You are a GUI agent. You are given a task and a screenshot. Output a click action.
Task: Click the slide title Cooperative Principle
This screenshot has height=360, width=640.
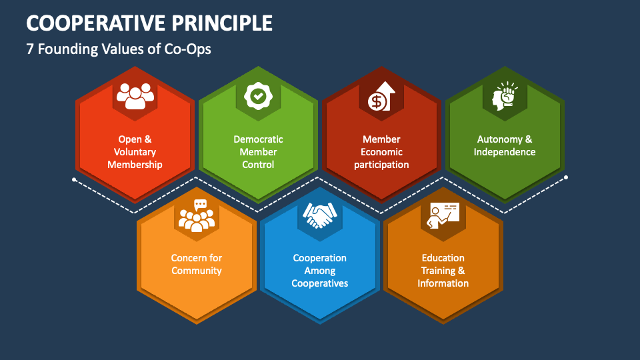[x=149, y=23]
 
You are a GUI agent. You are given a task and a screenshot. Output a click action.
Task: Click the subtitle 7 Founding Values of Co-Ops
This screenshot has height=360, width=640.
[x=119, y=49]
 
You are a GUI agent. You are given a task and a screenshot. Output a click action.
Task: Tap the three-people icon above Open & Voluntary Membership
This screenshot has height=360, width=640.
[x=135, y=96]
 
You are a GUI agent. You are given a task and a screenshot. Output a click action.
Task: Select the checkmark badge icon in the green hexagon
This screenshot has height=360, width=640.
[x=258, y=96]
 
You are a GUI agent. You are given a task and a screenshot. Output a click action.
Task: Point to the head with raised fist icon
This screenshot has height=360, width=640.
[x=505, y=96]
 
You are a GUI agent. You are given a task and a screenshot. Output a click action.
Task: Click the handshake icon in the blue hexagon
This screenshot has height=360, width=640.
[x=320, y=215]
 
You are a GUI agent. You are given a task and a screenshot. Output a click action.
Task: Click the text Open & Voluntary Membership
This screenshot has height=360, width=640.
[x=135, y=152]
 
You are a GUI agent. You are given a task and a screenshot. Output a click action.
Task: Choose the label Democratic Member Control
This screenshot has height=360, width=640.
[x=258, y=152]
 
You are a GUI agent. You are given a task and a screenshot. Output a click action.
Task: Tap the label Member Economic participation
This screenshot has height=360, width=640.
[x=381, y=152]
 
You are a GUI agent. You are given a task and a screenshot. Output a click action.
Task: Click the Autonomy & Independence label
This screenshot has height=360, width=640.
[x=505, y=145]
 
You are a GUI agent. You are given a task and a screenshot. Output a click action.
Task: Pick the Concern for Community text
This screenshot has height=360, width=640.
[x=197, y=264]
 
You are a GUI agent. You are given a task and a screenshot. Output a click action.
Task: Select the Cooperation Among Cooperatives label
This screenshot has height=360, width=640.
[x=320, y=271]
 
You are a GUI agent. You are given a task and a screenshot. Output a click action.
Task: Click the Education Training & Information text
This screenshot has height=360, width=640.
[x=443, y=271]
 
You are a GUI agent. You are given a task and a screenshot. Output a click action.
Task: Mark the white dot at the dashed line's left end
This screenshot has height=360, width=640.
[x=73, y=179]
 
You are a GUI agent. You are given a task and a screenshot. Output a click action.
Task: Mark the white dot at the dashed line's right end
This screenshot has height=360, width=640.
[x=566, y=177]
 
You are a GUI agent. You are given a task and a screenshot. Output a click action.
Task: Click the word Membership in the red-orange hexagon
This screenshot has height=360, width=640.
[x=135, y=165]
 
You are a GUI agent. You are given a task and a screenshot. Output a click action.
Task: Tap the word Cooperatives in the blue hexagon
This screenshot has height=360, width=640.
[x=320, y=283]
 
